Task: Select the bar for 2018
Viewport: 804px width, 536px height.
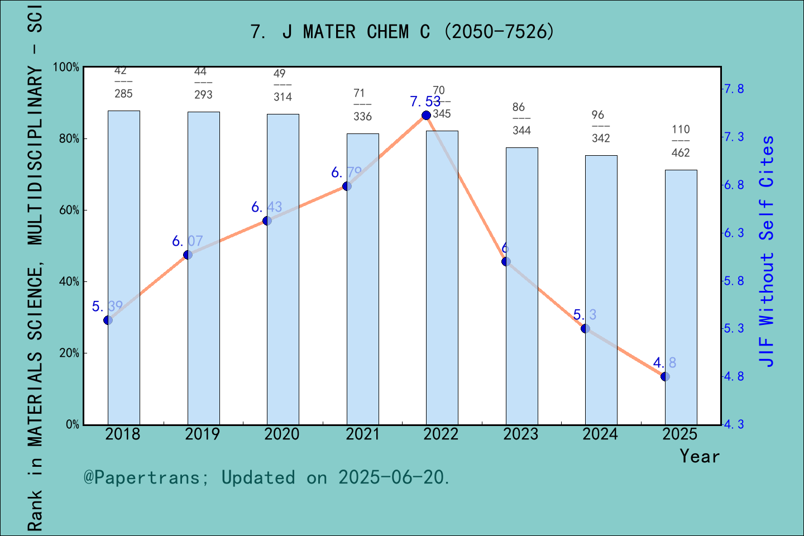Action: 124,267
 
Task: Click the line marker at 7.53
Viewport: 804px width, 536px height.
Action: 426,115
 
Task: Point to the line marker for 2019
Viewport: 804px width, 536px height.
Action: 188,255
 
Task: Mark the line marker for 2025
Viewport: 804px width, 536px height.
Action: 665,376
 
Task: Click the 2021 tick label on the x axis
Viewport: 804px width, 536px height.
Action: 362,434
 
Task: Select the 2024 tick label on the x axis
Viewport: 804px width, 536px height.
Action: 600,434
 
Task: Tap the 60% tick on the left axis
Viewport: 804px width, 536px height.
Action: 69,210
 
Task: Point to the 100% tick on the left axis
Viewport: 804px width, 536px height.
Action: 66,67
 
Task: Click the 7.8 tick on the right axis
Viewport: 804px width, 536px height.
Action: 734,89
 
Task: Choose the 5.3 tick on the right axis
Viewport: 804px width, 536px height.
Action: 734,328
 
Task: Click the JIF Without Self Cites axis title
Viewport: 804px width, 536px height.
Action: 767,251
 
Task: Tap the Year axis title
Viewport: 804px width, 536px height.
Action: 700,456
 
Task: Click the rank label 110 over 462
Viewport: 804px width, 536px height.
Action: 681,141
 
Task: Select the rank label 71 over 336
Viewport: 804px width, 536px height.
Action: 362,104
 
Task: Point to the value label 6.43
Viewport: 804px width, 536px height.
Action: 267,207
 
